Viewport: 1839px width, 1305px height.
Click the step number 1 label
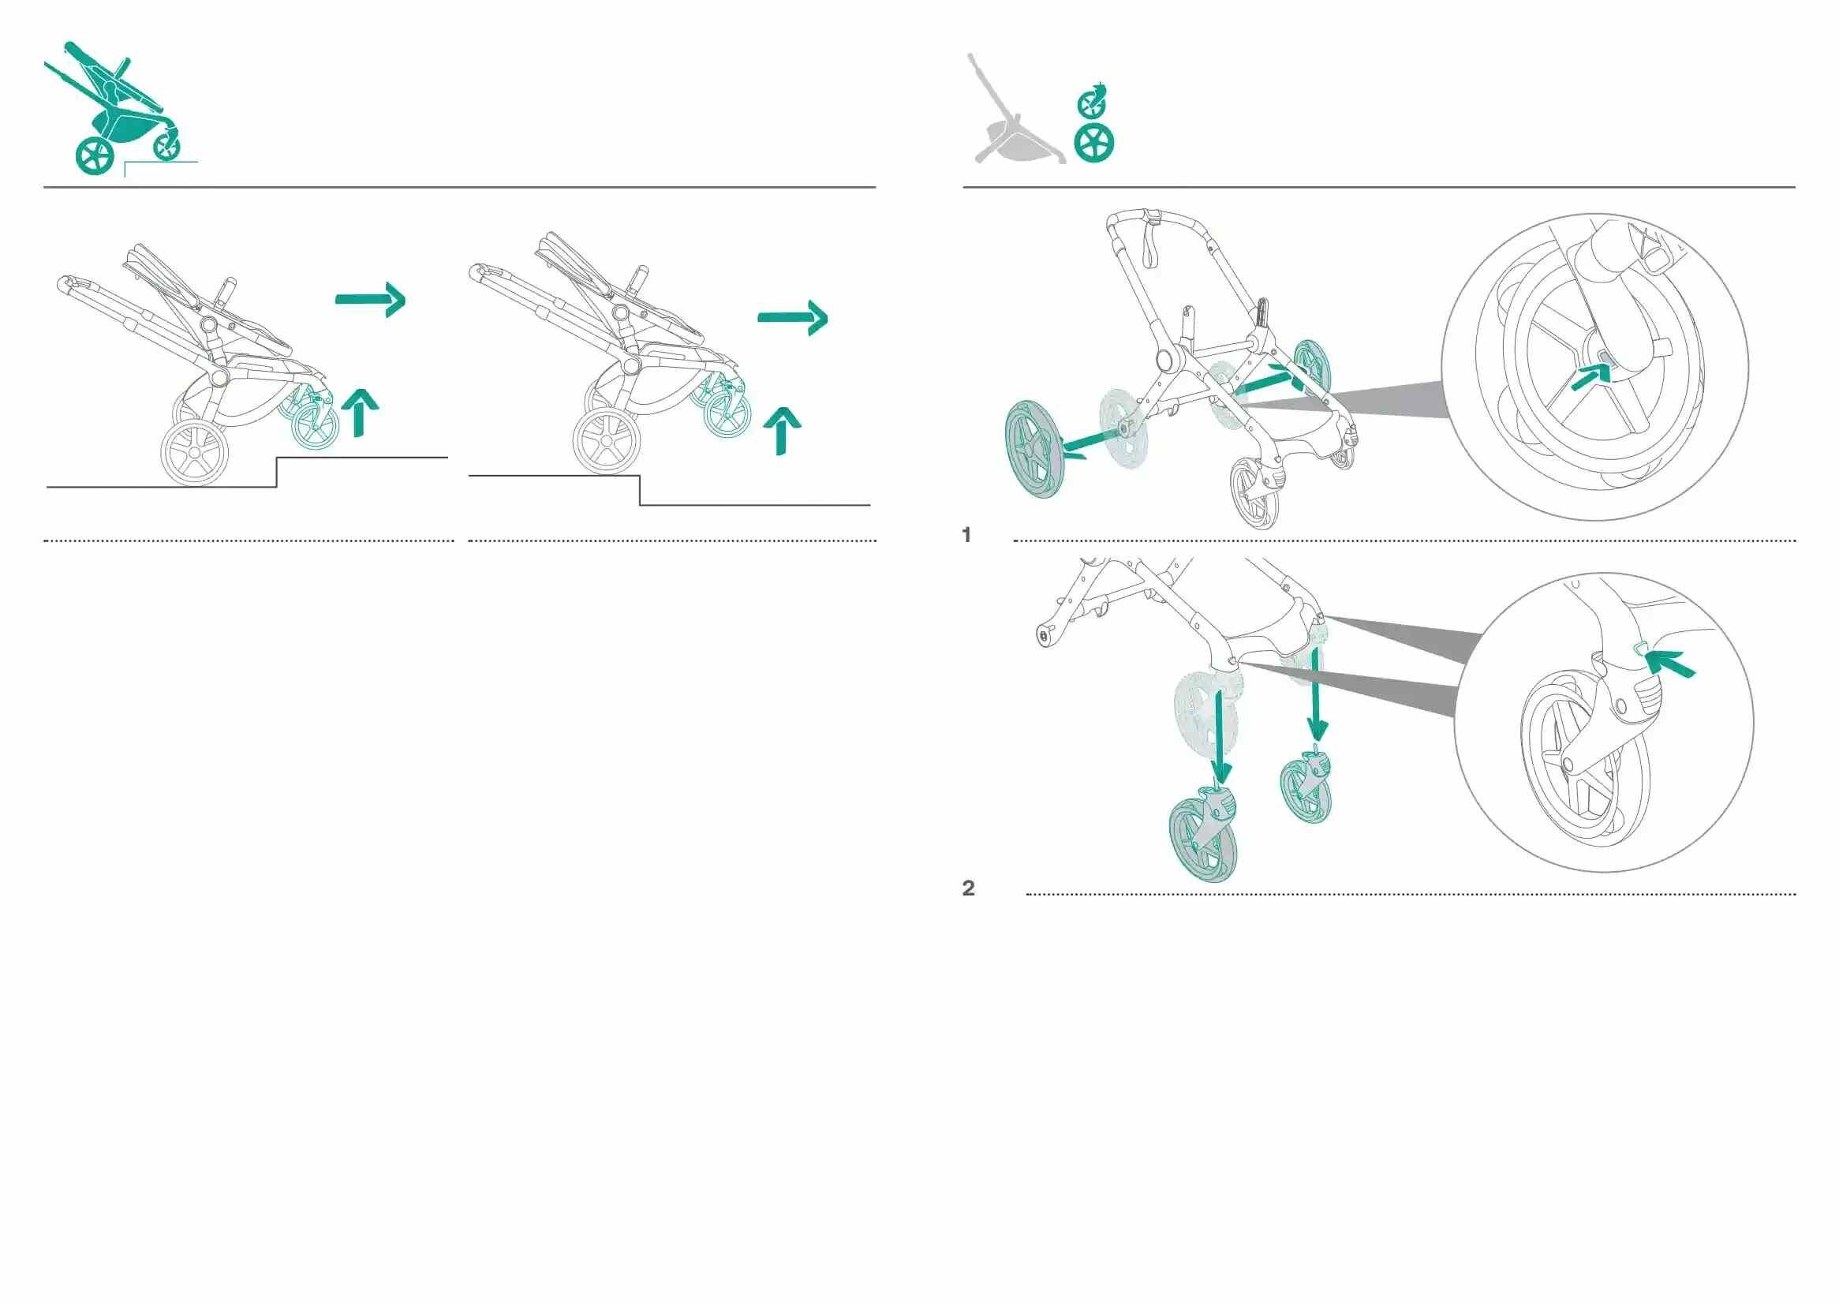pyautogui.click(x=966, y=534)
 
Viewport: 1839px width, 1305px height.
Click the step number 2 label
pyautogui.click(x=968, y=888)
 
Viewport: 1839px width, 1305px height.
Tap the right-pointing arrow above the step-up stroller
pyautogui.click(x=370, y=300)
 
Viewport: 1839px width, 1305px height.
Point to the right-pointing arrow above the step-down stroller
pyautogui.click(x=793, y=317)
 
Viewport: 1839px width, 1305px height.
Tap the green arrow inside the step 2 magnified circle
pyautogui.click(x=1669, y=663)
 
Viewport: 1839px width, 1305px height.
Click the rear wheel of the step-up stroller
pyautogui.click(x=193, y=452)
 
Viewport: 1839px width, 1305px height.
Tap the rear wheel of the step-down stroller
pyautogui.click(x=607, y=441)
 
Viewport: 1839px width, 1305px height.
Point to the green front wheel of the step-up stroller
pyautogui.click(x=316, y=426)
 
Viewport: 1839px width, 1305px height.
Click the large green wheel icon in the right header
pyautogui.click(x=1094, y=143)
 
